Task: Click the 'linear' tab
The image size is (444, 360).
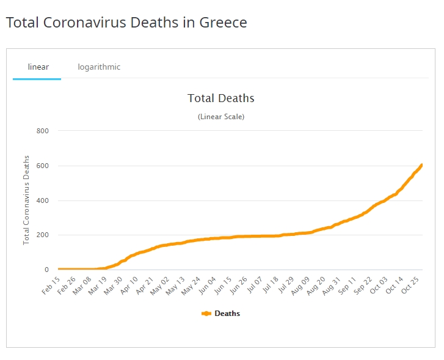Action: pyautogui.click(x=38, y=67)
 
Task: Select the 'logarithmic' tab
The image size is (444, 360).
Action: pyautogui.click(x=99, y=67)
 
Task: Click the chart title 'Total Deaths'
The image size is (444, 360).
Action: pyautogui.click(x=220, y=98)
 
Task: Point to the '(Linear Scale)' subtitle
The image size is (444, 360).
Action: pyautogui.click(x=220, y=117)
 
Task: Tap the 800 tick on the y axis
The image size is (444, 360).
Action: pyautogui.click(x=43, y=131)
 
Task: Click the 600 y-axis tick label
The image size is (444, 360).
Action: pyautogui.click(x=43, y=166)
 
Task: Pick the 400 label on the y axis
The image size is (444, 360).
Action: pyautogui.click(x=43, y=200)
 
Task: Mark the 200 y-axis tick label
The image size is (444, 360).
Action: pyautogui.click(x=43, y=235)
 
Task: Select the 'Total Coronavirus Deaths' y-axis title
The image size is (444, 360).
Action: pyautogui.click(x=26, y=200)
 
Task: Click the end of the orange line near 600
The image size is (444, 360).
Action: pyautogui.click(x=421, y=166)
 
